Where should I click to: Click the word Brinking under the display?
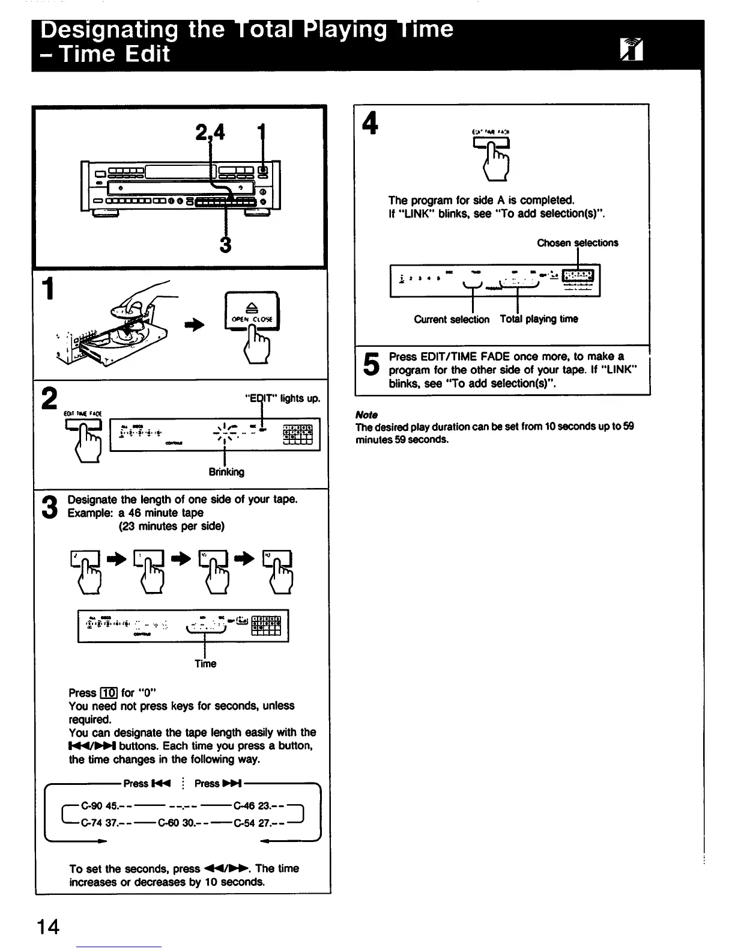click(226, 472)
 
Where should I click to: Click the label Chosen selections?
click(577, 243)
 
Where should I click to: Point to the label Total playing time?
click(539, 319)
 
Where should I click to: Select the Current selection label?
click(452, 320)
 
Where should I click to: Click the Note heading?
click(366, 415)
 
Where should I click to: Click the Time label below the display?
click(205, 664)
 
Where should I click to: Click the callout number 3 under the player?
click(226, 245)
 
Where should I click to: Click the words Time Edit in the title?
click(113, 54)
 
